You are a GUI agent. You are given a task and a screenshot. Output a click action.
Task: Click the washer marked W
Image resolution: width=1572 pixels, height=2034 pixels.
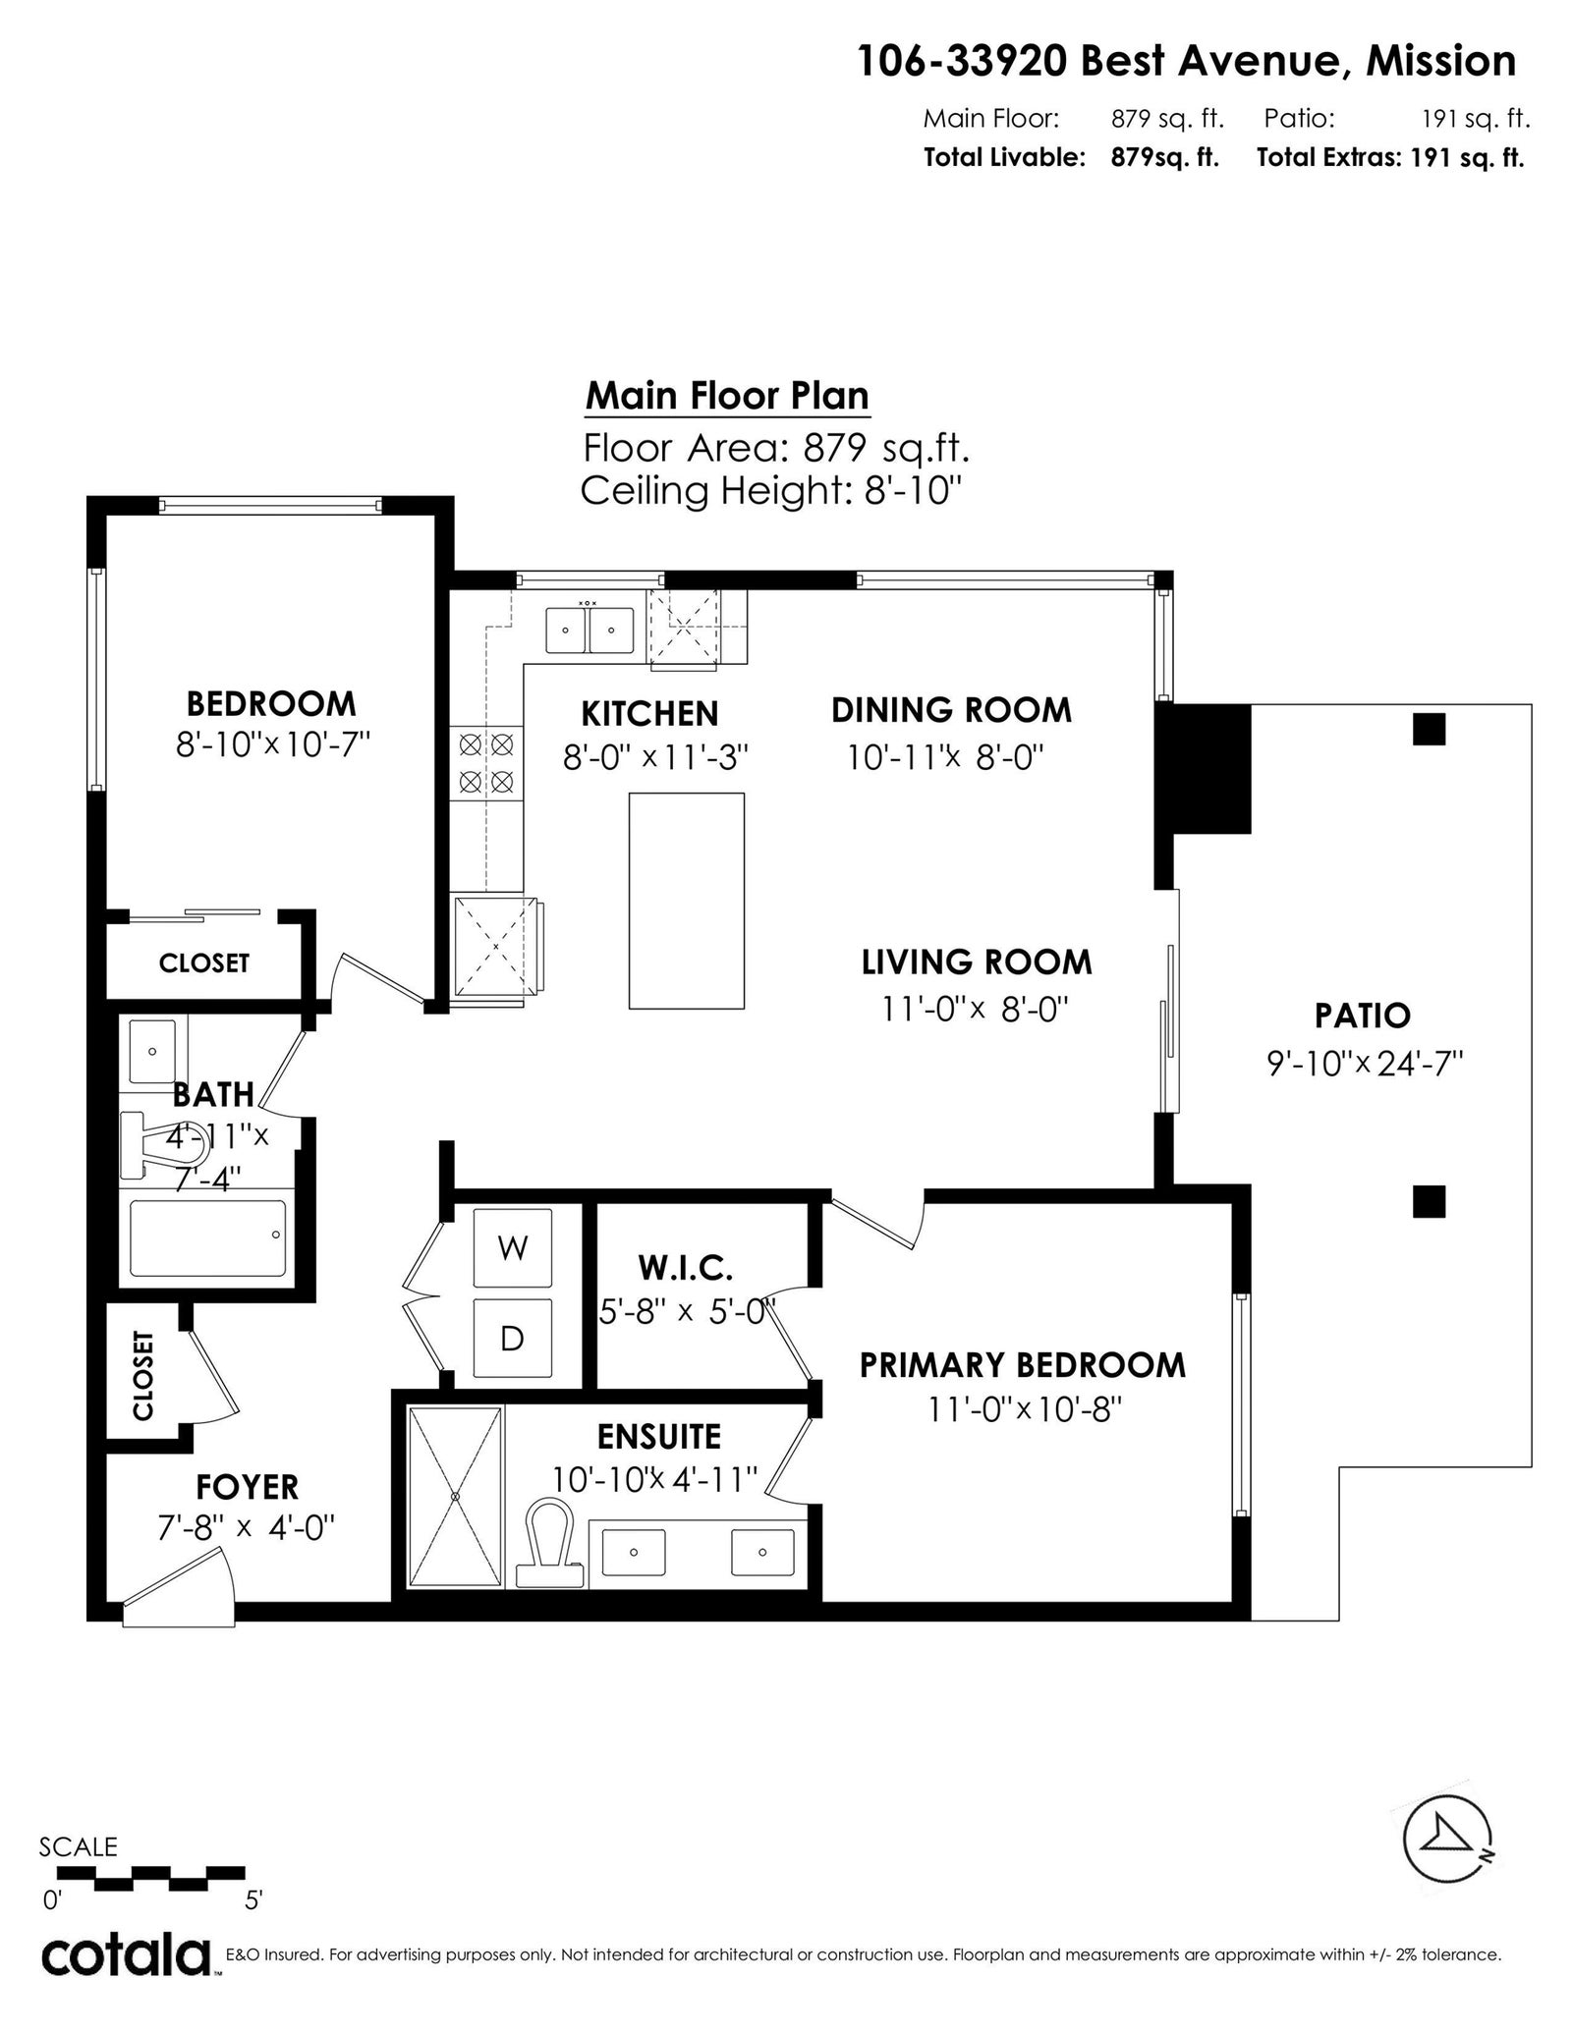click(x=512, y=1247)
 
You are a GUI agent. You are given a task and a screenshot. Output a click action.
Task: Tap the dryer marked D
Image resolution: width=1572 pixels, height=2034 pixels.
click(x=512, y=1338)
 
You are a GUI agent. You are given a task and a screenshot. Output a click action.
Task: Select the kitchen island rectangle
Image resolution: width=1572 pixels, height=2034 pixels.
click(x=687, y=901)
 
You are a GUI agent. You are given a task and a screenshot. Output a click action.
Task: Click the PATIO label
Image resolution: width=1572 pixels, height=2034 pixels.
click(x=1363, y=1016)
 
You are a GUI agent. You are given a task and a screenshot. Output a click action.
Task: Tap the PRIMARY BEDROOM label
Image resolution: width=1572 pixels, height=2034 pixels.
click(x=1023, y=1365)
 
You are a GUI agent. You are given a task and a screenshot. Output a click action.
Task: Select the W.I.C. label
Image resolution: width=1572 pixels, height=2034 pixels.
click(x=685, y=1268)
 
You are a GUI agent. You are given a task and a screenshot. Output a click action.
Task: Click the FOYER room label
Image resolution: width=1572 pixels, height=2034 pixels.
click(x=247, y=1487)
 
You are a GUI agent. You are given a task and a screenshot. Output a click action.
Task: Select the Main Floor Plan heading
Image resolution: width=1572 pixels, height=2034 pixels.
click(x=727, y=396)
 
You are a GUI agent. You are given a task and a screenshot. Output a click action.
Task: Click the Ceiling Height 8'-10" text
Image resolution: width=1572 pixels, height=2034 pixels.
click(x=769, y=490)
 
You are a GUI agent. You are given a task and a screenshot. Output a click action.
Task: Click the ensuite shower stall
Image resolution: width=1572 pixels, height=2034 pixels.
click(x=456, y=1496)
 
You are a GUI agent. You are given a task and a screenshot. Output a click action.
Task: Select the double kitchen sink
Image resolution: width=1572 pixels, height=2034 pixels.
click(x=590, y=629)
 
